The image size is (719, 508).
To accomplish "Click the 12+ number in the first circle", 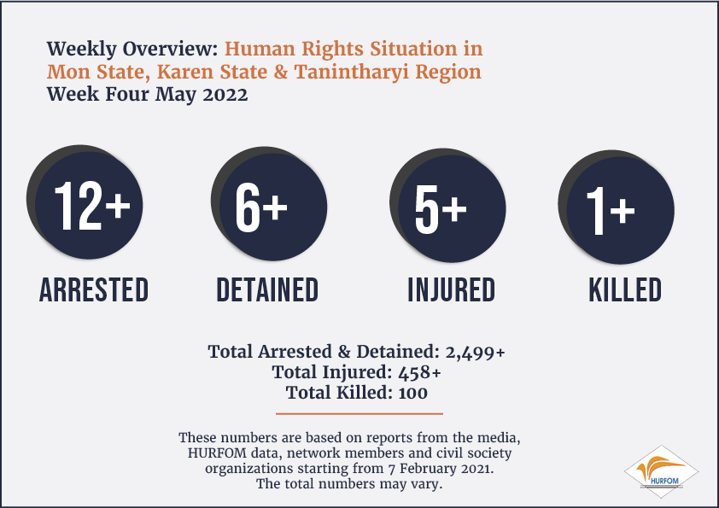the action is point(92,205).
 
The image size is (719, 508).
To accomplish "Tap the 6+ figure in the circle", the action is point(261,207).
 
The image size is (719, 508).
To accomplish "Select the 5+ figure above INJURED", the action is point(441,209).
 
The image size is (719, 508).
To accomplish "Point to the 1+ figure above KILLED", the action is point(611,211).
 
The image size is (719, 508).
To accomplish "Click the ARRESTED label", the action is point(94,289).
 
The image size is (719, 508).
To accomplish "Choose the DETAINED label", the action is point(267,289).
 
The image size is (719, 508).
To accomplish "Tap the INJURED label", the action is point(452,289).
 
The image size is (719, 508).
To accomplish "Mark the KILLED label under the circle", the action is point(625,289).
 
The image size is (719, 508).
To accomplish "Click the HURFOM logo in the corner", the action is point(661,471).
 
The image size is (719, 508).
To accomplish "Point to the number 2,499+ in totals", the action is point(475,352).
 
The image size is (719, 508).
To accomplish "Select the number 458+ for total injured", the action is point(419,372).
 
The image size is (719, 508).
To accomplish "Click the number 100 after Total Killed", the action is point(413,393).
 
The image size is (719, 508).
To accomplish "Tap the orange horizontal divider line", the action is point(359,413).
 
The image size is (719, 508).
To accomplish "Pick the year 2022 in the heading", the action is point(225,95).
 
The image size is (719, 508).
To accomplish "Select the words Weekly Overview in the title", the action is point(132,49).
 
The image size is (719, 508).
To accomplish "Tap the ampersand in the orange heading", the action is point(281,72).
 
